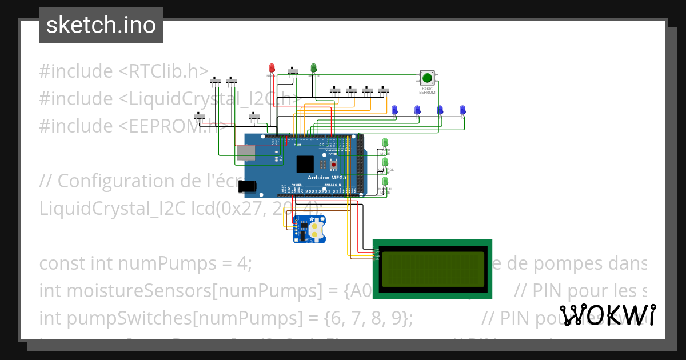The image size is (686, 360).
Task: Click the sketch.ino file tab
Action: [x=101, y=25]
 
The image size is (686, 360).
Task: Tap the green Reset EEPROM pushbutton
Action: [x=426, y=78]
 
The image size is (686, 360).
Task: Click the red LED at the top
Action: [x=272, y=68]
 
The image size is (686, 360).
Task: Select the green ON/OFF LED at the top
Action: [x=313, y=68]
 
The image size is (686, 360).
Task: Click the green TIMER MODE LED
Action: [x=385, y=142]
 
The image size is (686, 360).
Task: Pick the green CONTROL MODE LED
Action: [x=385, y=162]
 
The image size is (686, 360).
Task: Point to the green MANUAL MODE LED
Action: [x=385, y=182]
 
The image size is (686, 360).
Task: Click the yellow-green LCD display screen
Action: [x=432, y=269]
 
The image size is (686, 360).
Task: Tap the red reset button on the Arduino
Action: [x=334, y=165]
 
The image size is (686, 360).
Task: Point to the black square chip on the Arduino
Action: [x=305, y=164]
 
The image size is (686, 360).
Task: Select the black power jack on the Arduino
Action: [x=249, y=186]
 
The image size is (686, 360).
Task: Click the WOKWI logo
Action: [x=608, y=315]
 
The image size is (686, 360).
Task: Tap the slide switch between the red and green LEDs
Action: [x=294, y=71]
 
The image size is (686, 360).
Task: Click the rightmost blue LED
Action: [x=462, y=110]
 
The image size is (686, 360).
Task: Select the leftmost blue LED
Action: [x=394, y=110]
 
